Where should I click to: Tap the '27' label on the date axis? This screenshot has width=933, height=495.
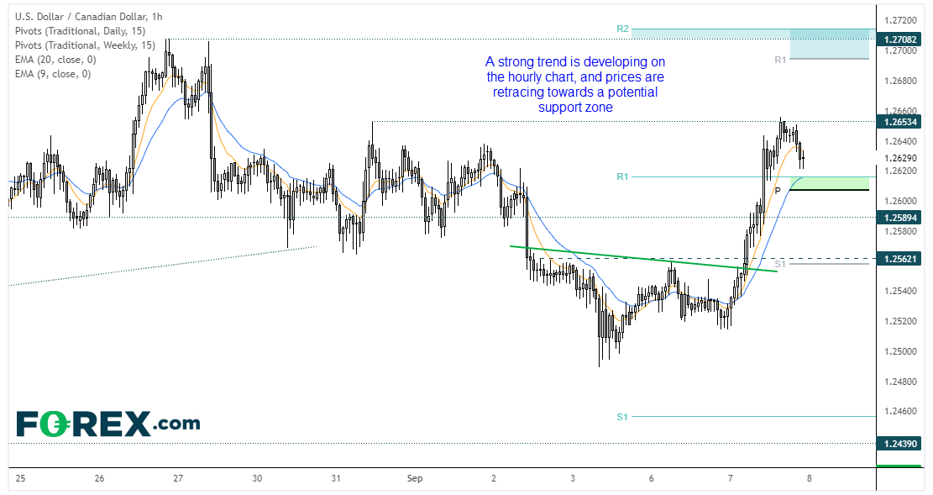click(178, 478)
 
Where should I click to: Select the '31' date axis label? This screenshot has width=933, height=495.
click(336, 478)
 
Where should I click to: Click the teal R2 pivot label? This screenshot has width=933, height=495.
click(622, 29)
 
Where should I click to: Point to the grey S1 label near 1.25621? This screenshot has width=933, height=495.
click(780, 264)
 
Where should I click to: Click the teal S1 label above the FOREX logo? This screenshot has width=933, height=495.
click(622, 417)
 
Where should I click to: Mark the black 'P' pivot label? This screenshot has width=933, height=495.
click(778, 191)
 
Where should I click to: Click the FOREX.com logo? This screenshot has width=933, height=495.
click(108, 423)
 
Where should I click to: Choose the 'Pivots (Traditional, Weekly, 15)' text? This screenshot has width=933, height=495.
click(83, 45)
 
